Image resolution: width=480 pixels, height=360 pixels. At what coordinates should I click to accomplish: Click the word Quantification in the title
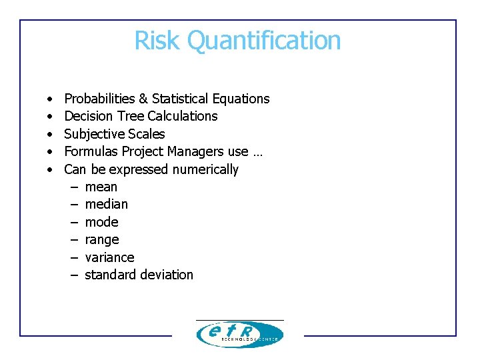pos(264,40)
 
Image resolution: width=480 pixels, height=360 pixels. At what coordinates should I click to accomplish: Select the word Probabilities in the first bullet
pos(99,99)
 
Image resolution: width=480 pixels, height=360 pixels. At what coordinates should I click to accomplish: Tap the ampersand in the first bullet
pos(143,99)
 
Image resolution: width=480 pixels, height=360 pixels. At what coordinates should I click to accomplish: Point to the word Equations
pos(241,99)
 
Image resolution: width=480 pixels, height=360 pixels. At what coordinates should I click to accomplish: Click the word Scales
pos(147,134)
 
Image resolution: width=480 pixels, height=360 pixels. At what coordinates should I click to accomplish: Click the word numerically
pos(205,169)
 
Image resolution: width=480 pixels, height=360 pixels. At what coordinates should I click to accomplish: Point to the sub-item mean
pos(101,187)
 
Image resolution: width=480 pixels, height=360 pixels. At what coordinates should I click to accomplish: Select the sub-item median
pos(107,204)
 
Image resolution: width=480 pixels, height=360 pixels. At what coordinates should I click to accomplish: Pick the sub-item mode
pos(102,222)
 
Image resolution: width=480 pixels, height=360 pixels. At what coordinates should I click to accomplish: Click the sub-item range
pos(102,240)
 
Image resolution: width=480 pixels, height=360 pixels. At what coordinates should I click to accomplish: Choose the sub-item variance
pos(109,257)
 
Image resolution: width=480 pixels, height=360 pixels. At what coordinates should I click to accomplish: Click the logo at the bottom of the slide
pos(239,334)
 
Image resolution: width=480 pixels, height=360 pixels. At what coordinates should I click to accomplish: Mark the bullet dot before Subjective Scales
pos(50,134)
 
